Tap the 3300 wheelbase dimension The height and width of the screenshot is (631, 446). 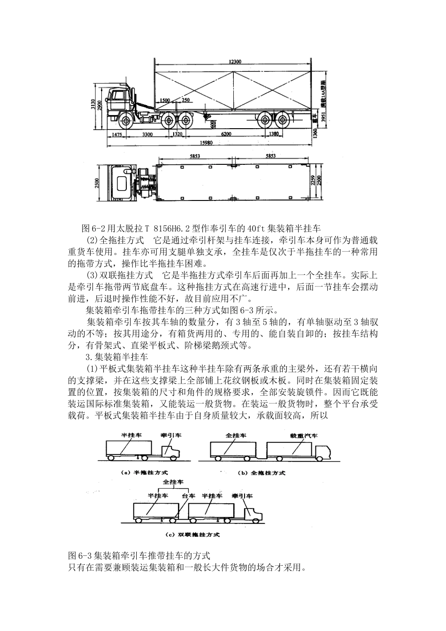click(x=147, y=134)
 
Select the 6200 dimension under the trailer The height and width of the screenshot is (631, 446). click(x=227, y=134)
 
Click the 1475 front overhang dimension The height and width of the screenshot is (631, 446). click(x=116, y=134)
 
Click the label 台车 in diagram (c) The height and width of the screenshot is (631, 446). click(x=188, y=496)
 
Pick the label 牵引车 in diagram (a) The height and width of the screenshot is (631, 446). click(x=171, y=436)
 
